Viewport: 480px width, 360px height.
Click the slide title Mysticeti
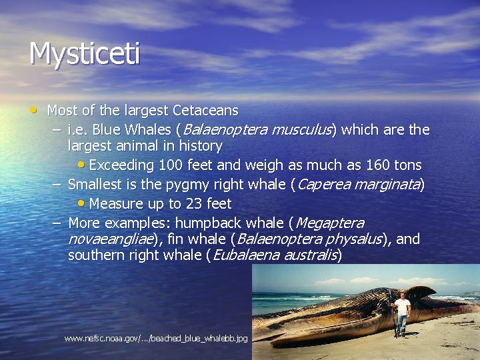click(84, 54)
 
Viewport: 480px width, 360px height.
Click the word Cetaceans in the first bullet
click(205, 110)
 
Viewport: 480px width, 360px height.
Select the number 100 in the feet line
click(170, 165)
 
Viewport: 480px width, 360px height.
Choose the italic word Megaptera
click(329, 223)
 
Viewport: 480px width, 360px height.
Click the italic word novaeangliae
click(111, 239)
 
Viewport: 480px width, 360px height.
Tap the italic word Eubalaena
click(245, 255)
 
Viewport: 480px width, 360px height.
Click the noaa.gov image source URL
click(156, 339)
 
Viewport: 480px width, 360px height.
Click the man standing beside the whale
click(402, 313)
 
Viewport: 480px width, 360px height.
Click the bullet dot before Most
click(33, 109)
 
